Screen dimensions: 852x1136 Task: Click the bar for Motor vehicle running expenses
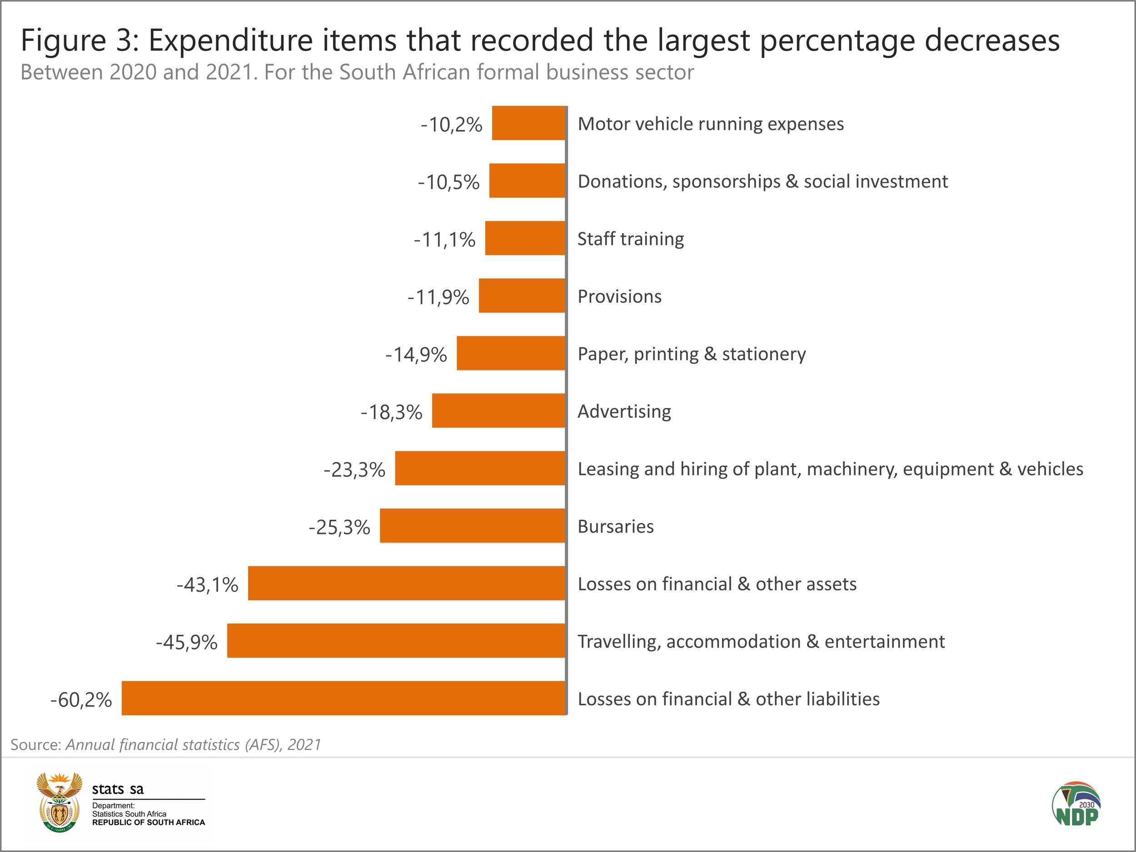click(x=528, y=123)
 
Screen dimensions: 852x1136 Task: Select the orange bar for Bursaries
click(x=473, y=526)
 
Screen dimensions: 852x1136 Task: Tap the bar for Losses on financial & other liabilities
click(x=344, y=698)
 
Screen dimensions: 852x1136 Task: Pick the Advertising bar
click(x=498, y=411)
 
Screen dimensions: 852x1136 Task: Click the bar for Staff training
click(x=525, y=238)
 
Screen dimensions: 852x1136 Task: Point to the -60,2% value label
click(x=81, y=700)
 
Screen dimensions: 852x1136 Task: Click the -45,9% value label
click(x=187, y=643)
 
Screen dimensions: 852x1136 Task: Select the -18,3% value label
click(x=391, y=413)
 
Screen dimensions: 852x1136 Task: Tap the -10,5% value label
click(x=449, y=182)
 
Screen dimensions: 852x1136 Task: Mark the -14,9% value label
click(x=416, y=355)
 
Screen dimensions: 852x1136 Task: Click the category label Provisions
click(x=619, y=297)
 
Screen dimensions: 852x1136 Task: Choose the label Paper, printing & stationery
click(x=692, y=354)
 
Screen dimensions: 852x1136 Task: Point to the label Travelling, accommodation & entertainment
click(x=761, y=642)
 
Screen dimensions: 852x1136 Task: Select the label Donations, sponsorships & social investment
click(x=762, y=182)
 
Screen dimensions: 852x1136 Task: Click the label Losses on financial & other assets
click(x=717, y=584)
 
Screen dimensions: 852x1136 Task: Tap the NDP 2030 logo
click(x=1076, y=805)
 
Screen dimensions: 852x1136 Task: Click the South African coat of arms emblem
click(x=60, y=802)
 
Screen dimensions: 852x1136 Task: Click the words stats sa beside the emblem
click(x=118, y=789)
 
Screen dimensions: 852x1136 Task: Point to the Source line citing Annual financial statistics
click(x=166, y=745)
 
